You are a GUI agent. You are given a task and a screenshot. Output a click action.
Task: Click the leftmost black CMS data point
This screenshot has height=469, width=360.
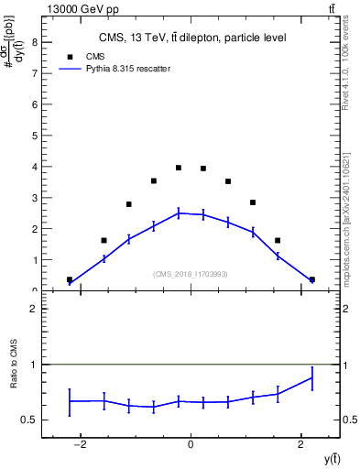(70, 279)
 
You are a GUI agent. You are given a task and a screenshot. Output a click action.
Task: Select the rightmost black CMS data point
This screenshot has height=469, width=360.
(312, 279)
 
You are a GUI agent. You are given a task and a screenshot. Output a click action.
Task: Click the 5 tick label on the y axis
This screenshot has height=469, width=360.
(35, 136)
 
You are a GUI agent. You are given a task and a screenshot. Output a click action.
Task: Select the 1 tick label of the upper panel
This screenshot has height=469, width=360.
(35, 260)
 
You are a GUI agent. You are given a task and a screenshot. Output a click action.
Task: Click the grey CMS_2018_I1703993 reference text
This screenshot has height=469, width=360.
(191, 274)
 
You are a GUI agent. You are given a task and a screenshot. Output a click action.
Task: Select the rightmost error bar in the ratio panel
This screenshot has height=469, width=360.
(312, 377)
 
